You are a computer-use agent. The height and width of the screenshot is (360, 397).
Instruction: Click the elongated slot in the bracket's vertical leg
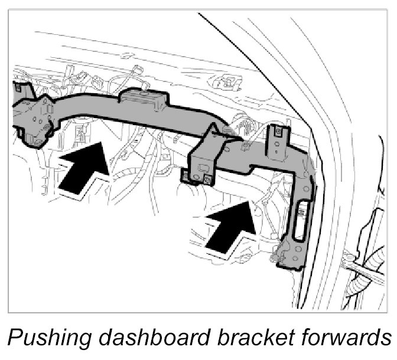point(300,210)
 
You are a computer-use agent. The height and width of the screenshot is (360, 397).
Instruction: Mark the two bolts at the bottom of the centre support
point(195,176)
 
